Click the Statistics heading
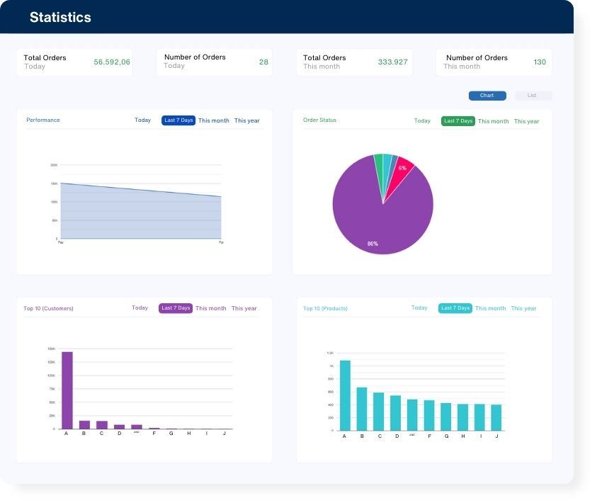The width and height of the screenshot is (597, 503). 60,18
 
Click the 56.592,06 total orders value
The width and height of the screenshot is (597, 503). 112,62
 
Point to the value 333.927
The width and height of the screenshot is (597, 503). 392,62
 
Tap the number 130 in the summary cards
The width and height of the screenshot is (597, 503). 540,62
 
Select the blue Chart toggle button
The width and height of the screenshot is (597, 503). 487,96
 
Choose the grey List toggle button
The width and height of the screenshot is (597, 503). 533,96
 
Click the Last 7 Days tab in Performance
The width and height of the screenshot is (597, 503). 178,120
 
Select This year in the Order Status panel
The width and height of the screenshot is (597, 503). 526,121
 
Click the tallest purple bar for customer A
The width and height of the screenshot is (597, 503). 67,390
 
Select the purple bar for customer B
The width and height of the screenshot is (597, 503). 85,425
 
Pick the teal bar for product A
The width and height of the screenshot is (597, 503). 345,395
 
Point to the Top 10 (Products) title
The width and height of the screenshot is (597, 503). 325,308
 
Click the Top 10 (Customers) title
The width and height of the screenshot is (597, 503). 48,308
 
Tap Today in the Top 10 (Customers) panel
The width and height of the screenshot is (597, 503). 140,308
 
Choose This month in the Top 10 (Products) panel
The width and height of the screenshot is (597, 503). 490,308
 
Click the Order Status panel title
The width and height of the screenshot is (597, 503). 319,120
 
